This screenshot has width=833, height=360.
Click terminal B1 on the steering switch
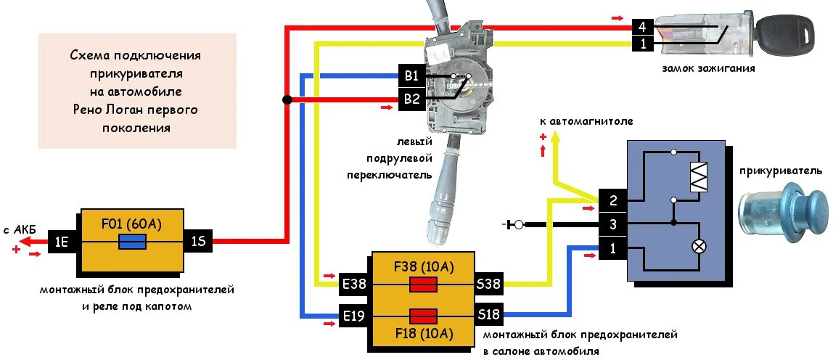click(411, 75)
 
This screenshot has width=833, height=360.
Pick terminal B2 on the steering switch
click(411, 99)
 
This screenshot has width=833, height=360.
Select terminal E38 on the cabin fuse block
click(355, 285)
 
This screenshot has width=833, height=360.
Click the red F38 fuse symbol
click(423, 285)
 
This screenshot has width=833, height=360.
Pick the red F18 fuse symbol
click(423, 316)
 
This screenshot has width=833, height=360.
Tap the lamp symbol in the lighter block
click(699, 247)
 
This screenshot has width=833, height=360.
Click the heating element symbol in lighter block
click(698, 176)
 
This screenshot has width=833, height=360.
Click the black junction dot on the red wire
click(287, 99)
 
